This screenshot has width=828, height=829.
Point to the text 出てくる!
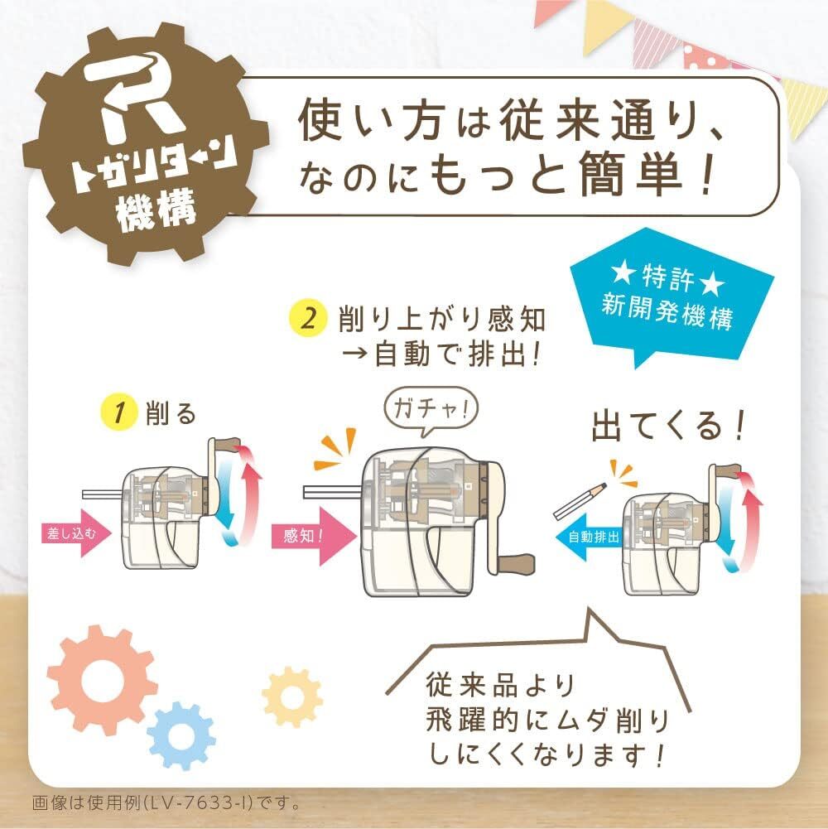[668, 427]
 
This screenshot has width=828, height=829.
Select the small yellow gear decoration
[291, 696]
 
